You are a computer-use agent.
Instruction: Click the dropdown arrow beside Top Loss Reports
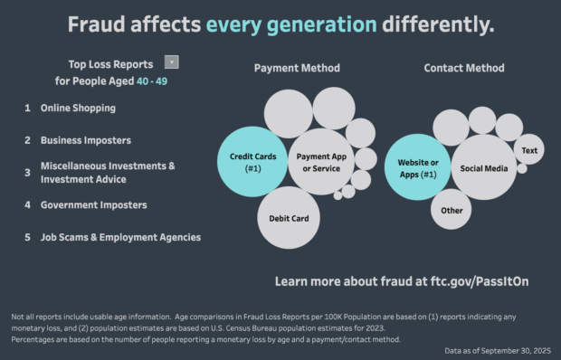(x=172, y=62)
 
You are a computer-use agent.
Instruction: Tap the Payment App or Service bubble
(x=321, y=162)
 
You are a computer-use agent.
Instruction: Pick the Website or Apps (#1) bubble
(x=417, y=167)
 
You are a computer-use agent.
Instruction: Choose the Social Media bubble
(x=483, y=167)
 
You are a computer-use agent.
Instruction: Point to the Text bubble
(x=529, y=150)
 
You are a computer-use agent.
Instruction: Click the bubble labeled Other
(x=451, y=211)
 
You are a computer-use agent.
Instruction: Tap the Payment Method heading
(x=297, y=68)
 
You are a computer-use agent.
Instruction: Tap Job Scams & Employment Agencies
(x=120, y=237)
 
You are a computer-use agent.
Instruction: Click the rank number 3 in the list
(x=27, y=172)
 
